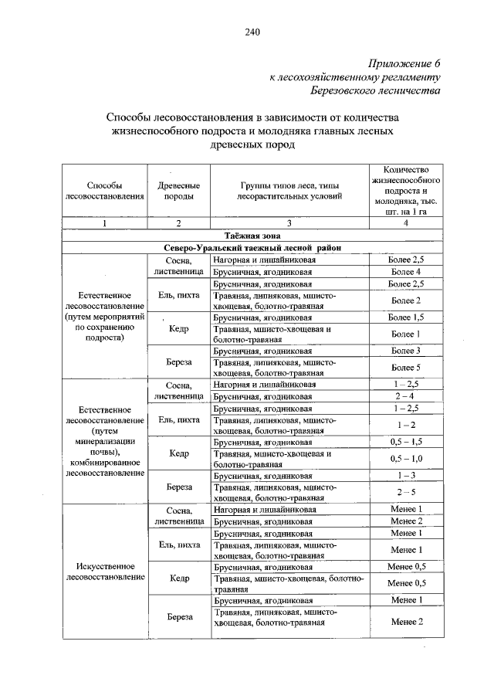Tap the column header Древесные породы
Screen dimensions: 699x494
pos(178,191)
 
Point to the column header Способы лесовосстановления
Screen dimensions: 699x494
pos(106,191)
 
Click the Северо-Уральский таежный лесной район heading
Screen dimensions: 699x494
pos(252,247)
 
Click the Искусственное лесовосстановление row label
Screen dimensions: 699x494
pos(106,571)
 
